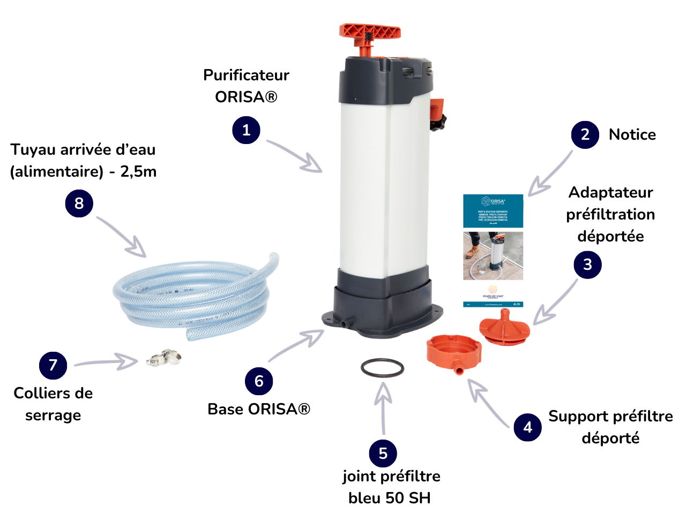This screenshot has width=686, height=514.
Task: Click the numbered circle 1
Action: coord(246,130)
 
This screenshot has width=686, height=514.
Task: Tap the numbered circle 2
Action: coord(585,134)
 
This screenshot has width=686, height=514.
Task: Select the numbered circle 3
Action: coord(587,264)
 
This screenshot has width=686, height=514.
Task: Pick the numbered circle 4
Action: coord(527,427)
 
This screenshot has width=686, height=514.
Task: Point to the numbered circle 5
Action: coord(383,453)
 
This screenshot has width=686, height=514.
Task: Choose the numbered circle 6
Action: coord(259,381)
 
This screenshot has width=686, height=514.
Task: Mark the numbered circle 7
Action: coord(53,365)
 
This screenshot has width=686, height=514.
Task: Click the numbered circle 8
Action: coord(79,203)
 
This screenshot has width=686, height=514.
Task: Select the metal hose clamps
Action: coord(162,357)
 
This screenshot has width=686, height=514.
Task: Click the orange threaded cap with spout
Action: coord(453,353)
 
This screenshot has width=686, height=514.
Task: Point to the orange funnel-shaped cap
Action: coord(504,324)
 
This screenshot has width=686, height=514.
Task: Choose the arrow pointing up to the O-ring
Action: coord(382,404)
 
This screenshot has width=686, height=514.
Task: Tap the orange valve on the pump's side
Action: coord(438,110)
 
